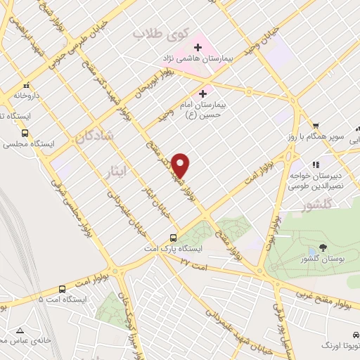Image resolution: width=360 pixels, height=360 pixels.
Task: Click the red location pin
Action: [x=181, y=165]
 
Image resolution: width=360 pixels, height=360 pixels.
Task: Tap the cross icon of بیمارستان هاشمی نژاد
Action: [x=198, y=48]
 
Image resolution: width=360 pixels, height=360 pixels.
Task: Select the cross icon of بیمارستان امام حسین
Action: [x=203, y=92]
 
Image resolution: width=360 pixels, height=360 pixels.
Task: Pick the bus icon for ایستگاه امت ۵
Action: [x=62, y=288]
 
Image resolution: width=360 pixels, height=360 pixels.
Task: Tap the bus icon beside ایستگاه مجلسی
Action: [x=25, y=132]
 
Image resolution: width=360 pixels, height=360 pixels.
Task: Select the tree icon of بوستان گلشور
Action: [x=322, y=248]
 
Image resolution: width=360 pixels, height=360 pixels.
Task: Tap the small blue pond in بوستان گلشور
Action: [x=311, y=251]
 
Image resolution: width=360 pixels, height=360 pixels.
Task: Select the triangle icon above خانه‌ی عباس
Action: [x=20, y=330]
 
